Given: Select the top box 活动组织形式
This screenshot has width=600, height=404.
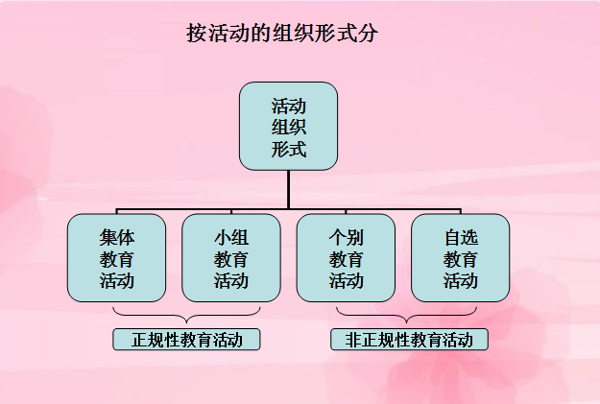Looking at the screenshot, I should (288, 126).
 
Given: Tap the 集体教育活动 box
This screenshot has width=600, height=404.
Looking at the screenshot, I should (116, 258).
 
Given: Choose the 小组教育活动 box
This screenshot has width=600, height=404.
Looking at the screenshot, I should (230, 258).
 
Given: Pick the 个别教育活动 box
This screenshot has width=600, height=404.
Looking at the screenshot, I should (346, 258).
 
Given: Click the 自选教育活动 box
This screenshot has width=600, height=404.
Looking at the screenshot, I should (460, 258).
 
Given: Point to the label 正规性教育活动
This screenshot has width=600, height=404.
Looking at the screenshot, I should (187, 340).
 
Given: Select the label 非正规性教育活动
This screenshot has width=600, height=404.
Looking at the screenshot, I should (409, 340).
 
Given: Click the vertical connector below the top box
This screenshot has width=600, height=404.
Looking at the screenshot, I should (288, 189).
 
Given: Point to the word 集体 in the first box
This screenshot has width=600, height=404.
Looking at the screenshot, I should (116, 236).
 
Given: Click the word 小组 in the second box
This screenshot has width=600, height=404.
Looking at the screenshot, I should (230, 236).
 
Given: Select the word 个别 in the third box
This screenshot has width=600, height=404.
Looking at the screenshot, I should (346, 236).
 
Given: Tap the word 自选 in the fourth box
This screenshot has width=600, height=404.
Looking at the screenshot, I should (460, 236).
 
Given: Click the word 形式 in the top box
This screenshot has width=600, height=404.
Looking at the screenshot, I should (288, 149).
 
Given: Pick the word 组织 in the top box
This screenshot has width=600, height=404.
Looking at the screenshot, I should (288, 127).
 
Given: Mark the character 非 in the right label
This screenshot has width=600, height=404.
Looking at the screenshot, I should (340, 340).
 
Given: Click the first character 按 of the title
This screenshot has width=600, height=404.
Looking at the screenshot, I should (196, 34).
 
